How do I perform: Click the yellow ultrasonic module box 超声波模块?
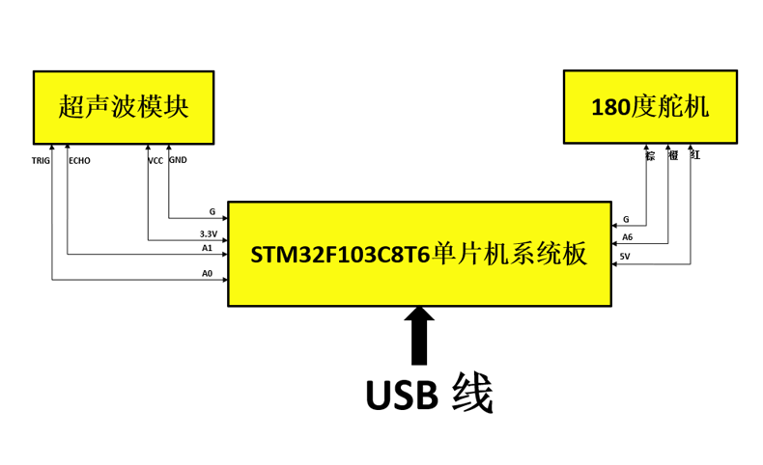pyautogui.click(x=124, y=106)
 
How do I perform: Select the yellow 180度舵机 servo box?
pyautogui.click(x=650, y=106)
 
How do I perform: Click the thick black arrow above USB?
pyautogui.click(x=419, y=336)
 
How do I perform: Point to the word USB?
pyautogui.click(x=400, y=396)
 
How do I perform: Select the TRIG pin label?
pyautogui.click(x=41, y=161)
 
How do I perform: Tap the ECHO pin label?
pyautogui.click(x=79, y=161)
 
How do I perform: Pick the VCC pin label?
pyautogui.click(x=155, y=161)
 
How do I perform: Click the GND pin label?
pyautogui.click(x=178, y=160)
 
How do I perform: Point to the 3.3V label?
pyautogui.click(x=209, y=234)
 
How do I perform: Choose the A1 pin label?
pyautogui.click(x=207, y=248)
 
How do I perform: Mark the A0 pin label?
pyautogui.click(x=207, y=274)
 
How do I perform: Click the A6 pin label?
pyautogui.click(x=627, y=237)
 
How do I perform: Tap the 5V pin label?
pyautogui.click(x=625, y=257)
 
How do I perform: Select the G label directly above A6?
pyautogui.click(x=626, y=220)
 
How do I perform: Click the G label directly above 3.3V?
pyautogui.click(x=212, y=211)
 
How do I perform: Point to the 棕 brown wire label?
pyautogui.click(x=650, y=154)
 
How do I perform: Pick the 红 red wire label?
pyautogui.click(x=694, y=154)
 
